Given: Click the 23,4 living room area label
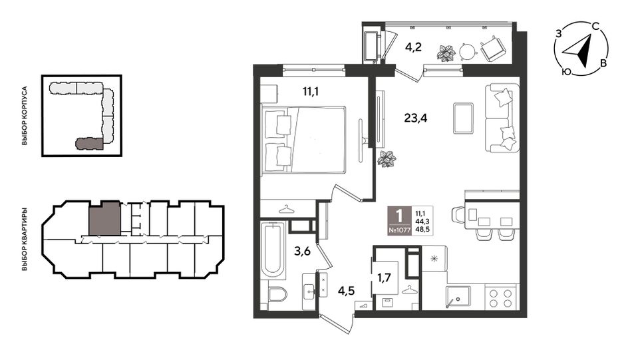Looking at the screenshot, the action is coord(416,118).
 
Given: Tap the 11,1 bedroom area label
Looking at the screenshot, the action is coord(311,92).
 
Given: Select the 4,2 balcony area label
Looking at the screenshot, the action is coord(413,47).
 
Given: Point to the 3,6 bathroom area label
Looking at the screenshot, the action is coord(302,252).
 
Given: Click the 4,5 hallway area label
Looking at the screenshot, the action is coord(346,290).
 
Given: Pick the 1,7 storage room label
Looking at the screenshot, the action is coord(384,277).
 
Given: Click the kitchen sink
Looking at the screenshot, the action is coord(458,297).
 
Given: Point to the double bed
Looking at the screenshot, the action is coord(303,140).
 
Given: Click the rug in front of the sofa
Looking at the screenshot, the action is coord(463,118).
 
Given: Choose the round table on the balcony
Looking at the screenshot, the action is coord(468,52).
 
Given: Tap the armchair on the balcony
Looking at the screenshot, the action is coord(492,49).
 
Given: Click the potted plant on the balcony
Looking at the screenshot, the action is coord(446,53).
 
